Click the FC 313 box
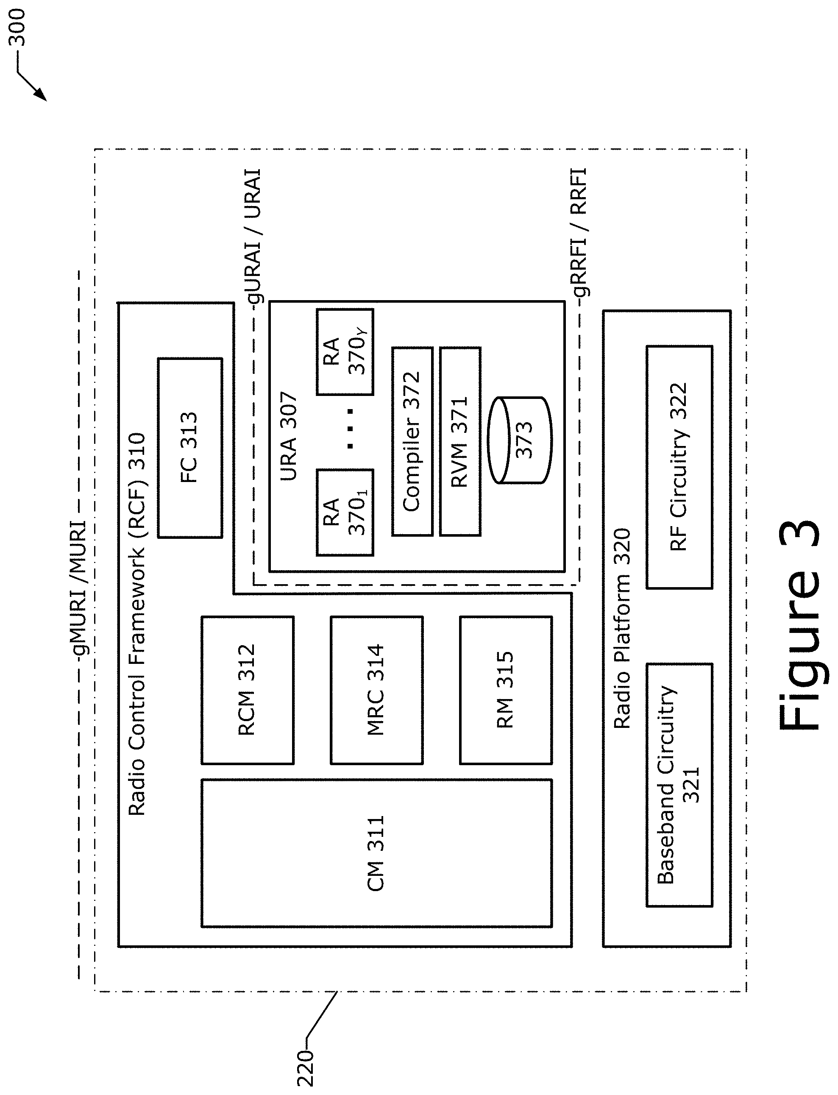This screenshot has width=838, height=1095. [x=190, y=448]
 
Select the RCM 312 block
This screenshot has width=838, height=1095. [x=248, y=690]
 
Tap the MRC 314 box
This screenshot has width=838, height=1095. [x=376, y=690]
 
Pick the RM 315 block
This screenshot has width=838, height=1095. [x=506, y=690]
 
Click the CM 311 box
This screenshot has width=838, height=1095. [x=376, y=853]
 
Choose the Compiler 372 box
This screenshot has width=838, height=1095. [x=412, y=441]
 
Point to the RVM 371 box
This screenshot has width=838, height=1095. [x=460, y=441]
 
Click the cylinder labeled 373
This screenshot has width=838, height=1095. [x=520, y=440]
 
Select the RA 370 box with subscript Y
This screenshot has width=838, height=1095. [x=345, y=352]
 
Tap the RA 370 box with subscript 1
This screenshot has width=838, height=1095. [x=345, y=513]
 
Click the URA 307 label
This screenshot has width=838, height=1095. [x=289, y=436]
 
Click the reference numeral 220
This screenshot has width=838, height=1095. [x=305, y=1069]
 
